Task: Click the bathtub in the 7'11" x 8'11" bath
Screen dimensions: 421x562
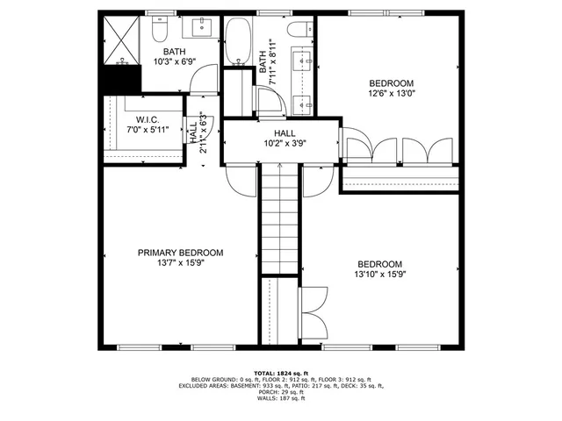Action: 237,44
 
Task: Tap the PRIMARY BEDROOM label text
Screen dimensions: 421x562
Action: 180,253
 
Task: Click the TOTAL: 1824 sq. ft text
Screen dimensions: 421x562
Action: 281,372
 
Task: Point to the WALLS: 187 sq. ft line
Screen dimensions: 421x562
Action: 281,399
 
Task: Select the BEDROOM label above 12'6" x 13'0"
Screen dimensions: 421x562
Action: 390,84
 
